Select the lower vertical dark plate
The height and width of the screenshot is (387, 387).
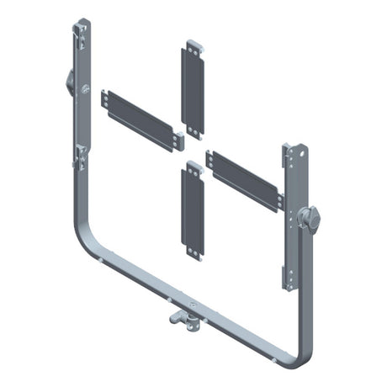(193, 206)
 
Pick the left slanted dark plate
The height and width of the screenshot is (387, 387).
(141, 118)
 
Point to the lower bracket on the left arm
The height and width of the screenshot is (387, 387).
(80, 155)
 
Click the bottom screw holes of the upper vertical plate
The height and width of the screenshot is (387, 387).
(194, 128)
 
